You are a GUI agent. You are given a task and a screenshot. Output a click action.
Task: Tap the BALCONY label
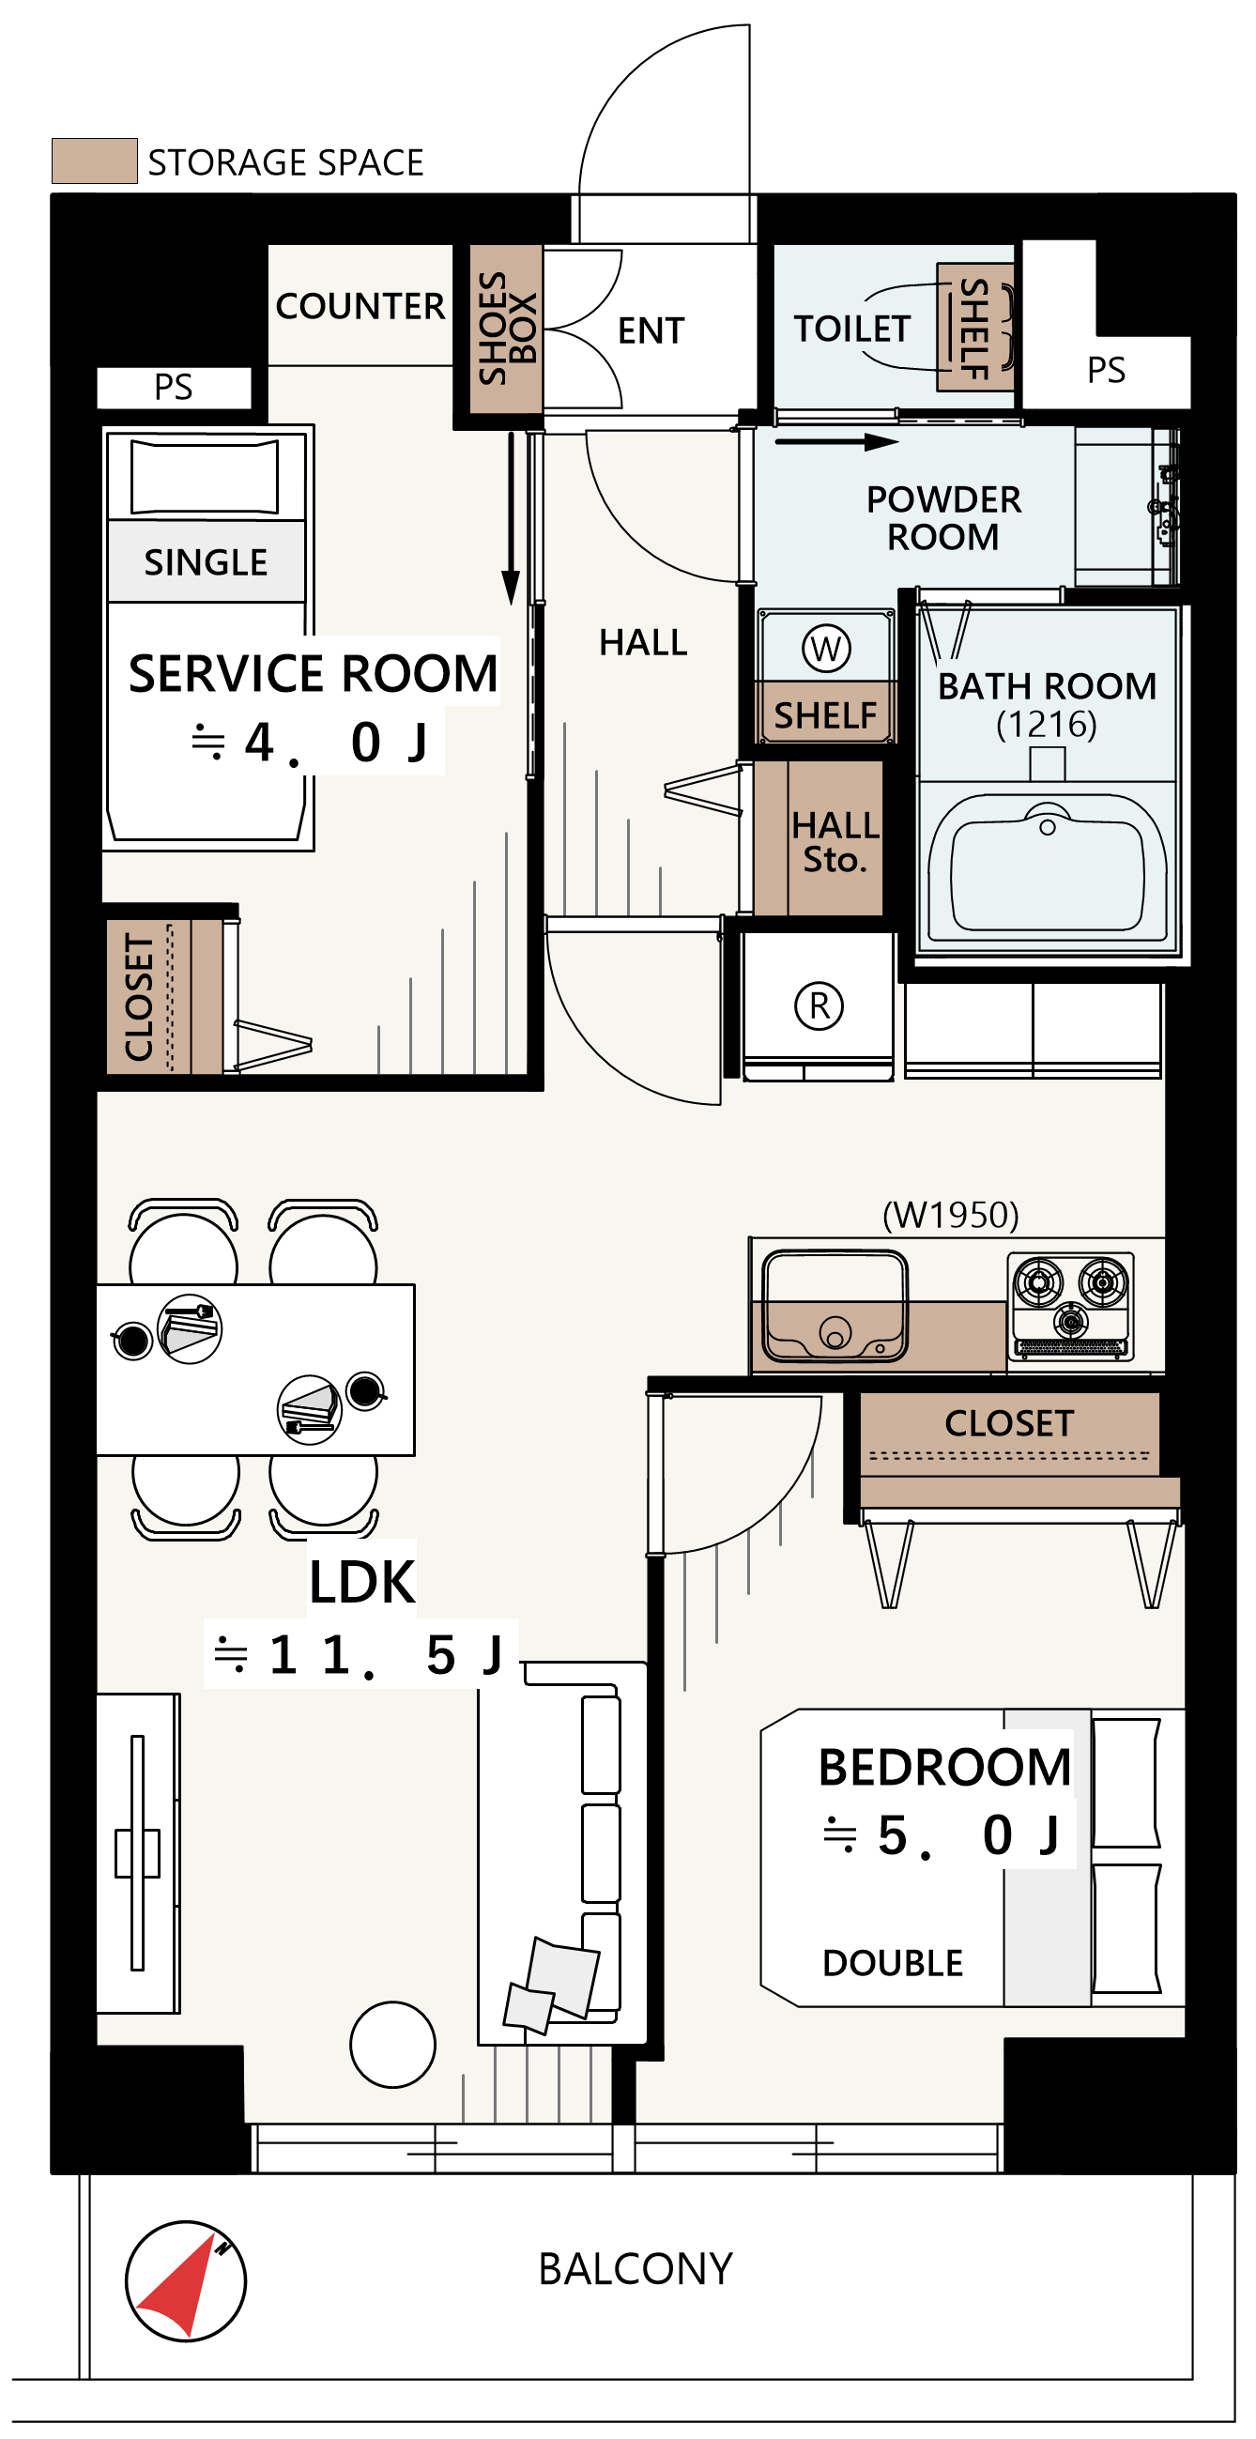click(x=636, y=2268)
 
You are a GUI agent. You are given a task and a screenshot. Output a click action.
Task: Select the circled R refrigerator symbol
click(x=819, y=1005)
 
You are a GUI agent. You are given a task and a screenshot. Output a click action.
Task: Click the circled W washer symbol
click(x=825, y=649)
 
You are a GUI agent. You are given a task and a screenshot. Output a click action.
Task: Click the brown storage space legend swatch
click(x=94, y=161)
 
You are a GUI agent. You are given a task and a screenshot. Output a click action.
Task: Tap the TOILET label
click(x=850, y=329)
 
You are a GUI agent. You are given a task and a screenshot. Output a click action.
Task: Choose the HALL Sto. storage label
click(x=834, y=842)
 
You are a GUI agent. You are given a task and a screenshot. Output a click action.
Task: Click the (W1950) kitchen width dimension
click(x=950, y=1215)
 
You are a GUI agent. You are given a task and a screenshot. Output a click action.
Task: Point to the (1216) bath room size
click(x=1046, y=725)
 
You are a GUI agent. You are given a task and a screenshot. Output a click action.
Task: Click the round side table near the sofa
click(x=391, y=2044)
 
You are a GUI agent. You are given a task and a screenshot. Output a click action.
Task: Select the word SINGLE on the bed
click(x=206, y=562)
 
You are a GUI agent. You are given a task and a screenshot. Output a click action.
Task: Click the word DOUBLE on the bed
click(x=893, y=1964)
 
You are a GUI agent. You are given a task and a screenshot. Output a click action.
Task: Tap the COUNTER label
click(x=360, y=306)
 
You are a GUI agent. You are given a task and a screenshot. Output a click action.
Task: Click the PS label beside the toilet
click(x=1106, y=369)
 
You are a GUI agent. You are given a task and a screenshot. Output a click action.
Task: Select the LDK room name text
click(x=361, y=1582)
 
